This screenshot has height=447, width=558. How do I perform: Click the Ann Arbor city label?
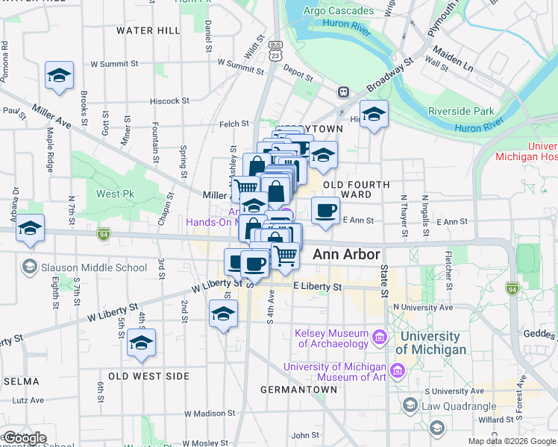pos(347,254)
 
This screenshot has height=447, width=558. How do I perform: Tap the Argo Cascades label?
pos(340,11)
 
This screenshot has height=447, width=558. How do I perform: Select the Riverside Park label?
pos(460,112)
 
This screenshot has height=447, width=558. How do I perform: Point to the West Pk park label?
pos(110,194)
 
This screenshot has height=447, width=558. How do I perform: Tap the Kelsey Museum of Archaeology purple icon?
pos(379,338)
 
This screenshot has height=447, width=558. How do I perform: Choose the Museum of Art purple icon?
pos(398,370)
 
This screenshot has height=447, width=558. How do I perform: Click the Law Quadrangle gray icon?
pos(410,406)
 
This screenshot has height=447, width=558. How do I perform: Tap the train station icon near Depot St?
pos(343,92)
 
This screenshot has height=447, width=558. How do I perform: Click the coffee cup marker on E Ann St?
pos(325,212)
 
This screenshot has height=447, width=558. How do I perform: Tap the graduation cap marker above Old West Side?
pos(141,343)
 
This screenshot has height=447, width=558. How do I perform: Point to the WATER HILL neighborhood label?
pos(148,31)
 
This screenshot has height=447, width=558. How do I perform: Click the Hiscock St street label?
pos(169,101)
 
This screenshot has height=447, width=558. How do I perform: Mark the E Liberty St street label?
pos(317,287)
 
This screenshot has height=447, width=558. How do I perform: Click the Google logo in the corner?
pos(25,438)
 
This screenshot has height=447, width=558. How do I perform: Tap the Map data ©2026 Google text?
pos(512,441)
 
